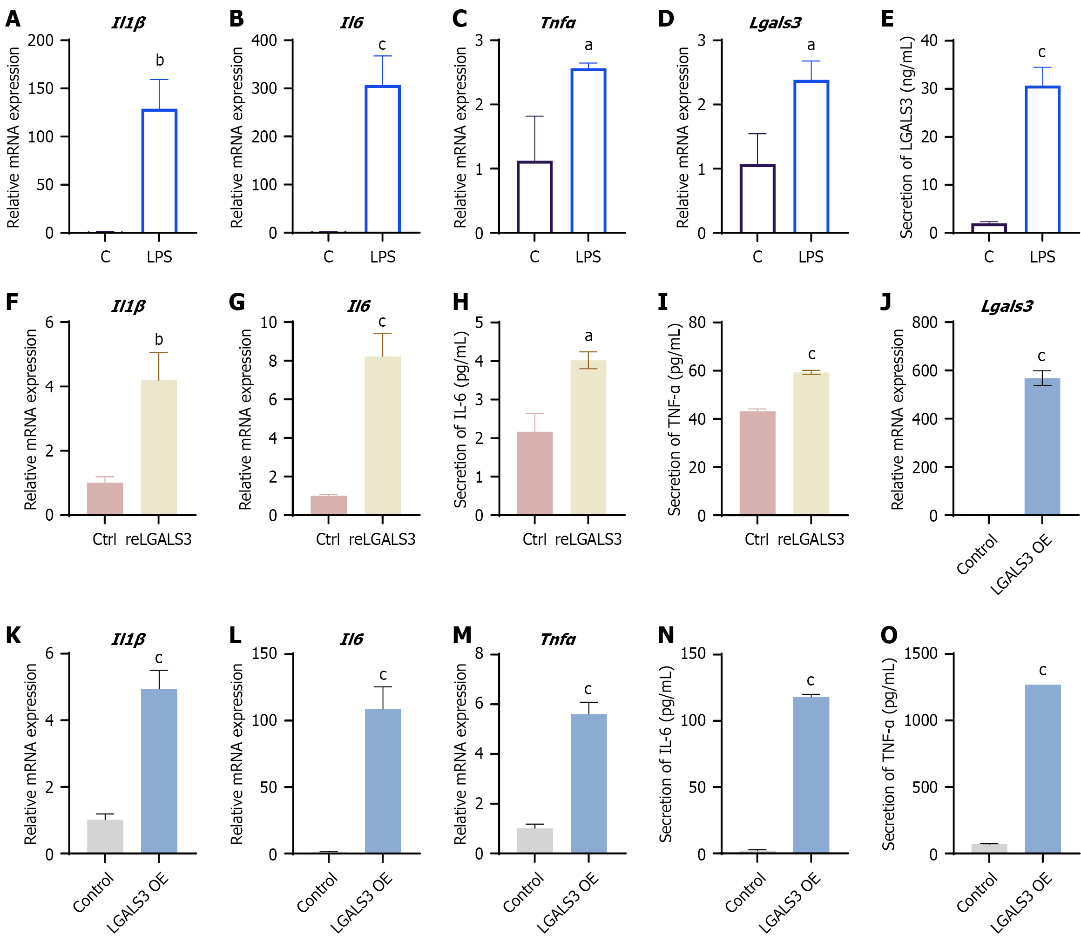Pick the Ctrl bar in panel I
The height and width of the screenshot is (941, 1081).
[x=757, y=463]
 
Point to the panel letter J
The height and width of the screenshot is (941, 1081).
[x=885, y=302]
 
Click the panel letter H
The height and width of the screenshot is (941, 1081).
[x=461, y=302]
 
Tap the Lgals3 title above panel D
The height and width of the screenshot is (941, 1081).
[x=775, y=23]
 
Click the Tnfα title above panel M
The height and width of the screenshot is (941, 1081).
[x=558, y=639]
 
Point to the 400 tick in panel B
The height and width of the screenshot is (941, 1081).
[x=264, y=40]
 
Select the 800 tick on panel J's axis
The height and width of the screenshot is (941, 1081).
[x=925, y=323]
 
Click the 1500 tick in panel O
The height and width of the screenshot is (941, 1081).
[x=920, y=654]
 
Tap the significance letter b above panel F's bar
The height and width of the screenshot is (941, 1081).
[x=159, y=340]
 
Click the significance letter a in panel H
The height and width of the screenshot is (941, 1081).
[x=588, y=336]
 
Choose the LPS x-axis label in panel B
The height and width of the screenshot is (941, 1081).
[x=382, y=257]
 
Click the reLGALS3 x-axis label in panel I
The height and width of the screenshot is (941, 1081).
[x=811, y=539]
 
